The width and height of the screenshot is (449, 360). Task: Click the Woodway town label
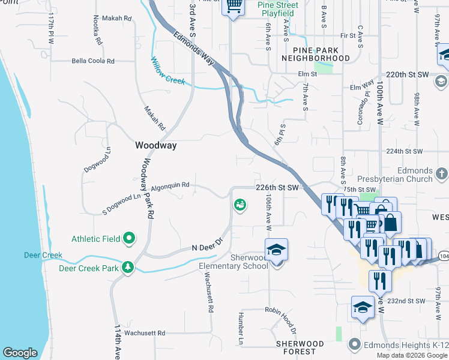155,145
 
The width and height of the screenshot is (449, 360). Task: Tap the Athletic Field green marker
129,239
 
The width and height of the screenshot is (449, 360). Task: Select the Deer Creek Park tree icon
128,266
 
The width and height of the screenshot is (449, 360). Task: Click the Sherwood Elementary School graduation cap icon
276,250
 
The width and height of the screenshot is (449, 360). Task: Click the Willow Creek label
167,71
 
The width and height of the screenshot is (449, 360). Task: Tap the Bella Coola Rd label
93,61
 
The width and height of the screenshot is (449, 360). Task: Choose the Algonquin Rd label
170,185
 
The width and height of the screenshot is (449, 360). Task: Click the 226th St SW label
277,188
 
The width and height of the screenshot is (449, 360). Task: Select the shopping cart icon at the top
234,7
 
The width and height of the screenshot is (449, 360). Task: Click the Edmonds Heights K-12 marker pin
355,344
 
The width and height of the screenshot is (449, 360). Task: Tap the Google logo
20,353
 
